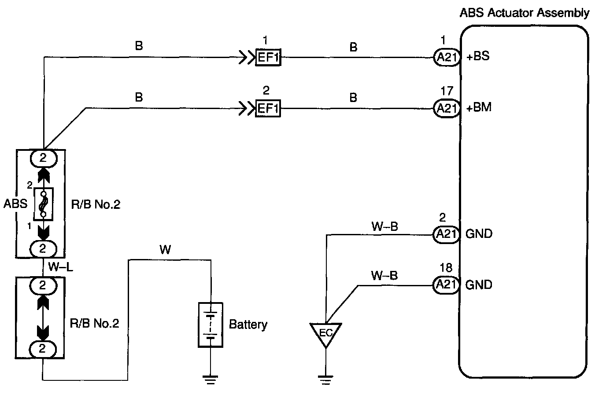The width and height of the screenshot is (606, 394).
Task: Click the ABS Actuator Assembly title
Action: point(524,13)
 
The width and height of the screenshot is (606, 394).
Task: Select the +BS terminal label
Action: point(478,56)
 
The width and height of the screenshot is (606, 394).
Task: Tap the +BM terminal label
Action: point(479,107)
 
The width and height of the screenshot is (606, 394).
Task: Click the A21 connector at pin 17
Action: point(447,109)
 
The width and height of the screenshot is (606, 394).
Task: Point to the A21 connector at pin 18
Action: point(446,285)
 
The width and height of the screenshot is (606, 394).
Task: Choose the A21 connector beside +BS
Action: point(447,57)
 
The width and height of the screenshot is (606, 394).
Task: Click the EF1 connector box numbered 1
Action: point(268,57)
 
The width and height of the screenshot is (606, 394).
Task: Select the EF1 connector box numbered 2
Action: point(268,108)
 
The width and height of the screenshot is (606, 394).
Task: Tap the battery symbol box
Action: point(211,325)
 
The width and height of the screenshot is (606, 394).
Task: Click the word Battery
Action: point(248,325)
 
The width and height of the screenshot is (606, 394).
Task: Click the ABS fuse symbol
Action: point(43,204)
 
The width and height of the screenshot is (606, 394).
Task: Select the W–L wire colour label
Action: point(61,267)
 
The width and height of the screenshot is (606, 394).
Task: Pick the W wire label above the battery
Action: point(165,249)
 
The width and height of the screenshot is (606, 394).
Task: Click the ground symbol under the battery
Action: point(211,379)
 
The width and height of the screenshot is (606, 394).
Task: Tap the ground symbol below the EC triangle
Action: point(325,379)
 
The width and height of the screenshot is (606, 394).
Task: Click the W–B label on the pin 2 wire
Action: point(385,226)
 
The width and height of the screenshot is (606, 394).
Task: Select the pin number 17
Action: point(447,91)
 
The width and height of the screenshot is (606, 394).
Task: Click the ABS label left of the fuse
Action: point(15,204)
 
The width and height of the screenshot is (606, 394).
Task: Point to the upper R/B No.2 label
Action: point(96,204)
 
